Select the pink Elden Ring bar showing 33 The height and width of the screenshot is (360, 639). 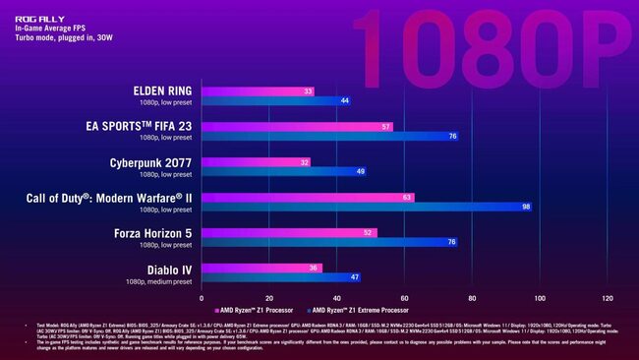pos(258,91)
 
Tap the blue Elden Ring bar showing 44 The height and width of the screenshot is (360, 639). pos(276,101)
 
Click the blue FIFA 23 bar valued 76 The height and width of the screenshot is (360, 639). pos(329,136)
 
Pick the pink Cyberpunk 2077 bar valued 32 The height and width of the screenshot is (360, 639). pos(256,161)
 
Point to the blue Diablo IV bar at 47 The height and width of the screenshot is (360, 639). pos(281,277)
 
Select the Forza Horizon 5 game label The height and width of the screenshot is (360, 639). pos(148,232)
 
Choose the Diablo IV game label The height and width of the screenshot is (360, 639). pos(164,268)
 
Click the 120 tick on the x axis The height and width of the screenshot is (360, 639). pos(608,298)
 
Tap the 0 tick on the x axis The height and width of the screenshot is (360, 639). pos(202,298)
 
